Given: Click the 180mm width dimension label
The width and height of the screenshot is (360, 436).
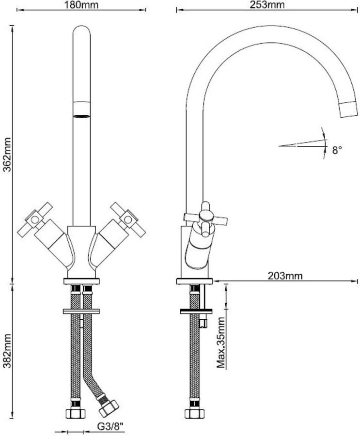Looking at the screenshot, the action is (x=81, y=5).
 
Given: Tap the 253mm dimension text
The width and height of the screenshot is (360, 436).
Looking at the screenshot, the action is (x=267, y=5).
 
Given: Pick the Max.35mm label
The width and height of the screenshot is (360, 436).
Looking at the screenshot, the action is (x=221, y=343).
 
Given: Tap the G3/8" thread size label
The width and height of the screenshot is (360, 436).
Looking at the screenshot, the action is (x=110, y=426).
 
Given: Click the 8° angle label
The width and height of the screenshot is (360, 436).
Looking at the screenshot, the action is (x=337, y=151).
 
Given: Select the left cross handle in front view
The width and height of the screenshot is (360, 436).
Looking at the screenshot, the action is (x=35, y=219).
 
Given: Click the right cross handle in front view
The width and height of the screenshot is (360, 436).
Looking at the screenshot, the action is (x=128, y=219).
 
